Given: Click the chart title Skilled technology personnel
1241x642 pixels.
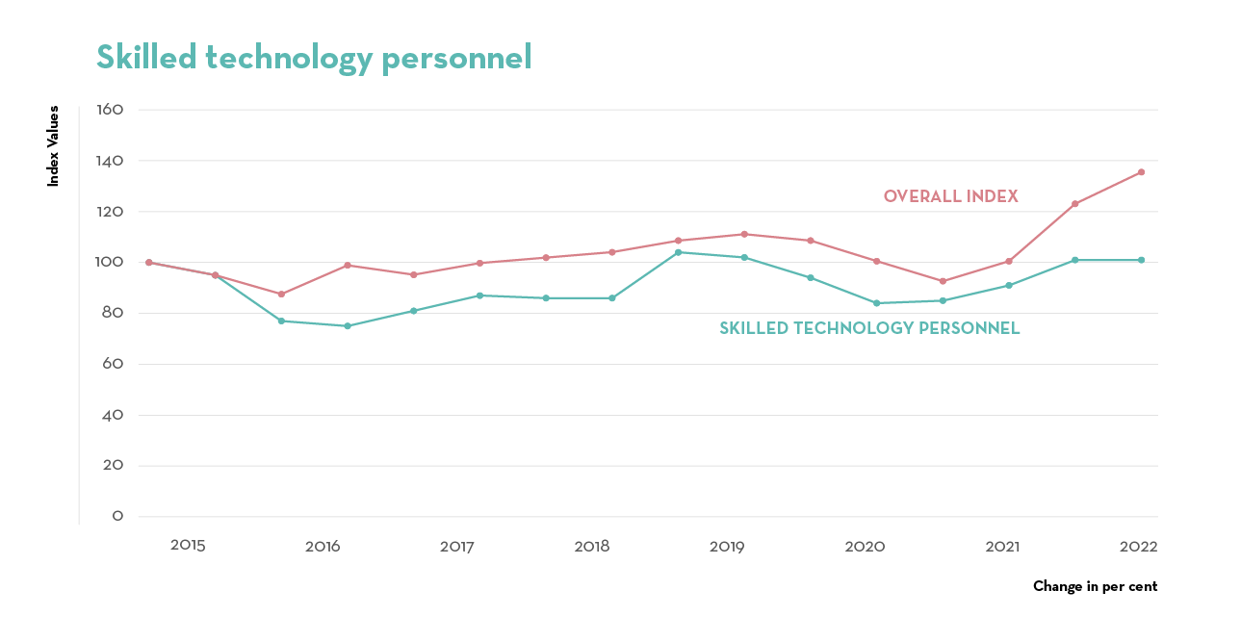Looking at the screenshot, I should click(x=314, y=58).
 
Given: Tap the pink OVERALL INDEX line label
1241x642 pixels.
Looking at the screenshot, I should click(x=950, y=196).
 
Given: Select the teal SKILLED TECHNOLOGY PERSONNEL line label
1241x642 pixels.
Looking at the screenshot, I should click(x=869, y=328).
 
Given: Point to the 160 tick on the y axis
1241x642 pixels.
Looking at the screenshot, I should click(x=111, y=110).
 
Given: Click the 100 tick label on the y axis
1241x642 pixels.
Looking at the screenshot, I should click(x=111, y=262).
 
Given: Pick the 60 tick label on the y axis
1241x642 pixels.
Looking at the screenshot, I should click(x=114, y=364).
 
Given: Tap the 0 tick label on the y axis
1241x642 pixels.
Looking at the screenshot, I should click(x=117, y=517).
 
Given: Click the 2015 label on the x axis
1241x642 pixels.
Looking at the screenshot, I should click(x=188, y=546).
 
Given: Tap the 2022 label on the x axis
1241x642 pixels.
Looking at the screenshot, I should click(x=1138, y=546).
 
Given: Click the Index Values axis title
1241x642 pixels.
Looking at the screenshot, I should click(x=54, y=146).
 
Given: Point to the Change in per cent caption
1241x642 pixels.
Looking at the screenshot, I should click(x=1095, y=586).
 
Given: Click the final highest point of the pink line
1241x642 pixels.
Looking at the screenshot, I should click(x=1141, y=172).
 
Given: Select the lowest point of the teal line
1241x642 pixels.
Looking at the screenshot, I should click(x=348, y=326).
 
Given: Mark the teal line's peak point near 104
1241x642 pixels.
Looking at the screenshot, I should click(x=678, y=252).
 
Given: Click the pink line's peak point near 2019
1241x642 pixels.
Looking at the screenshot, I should click(x=744, y=234).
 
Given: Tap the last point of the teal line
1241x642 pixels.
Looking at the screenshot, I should click(x=1141, y=260).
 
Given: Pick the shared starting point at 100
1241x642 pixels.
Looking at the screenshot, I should click(x=148, y=262).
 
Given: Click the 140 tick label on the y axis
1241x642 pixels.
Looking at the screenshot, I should click(x=111, y=161).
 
